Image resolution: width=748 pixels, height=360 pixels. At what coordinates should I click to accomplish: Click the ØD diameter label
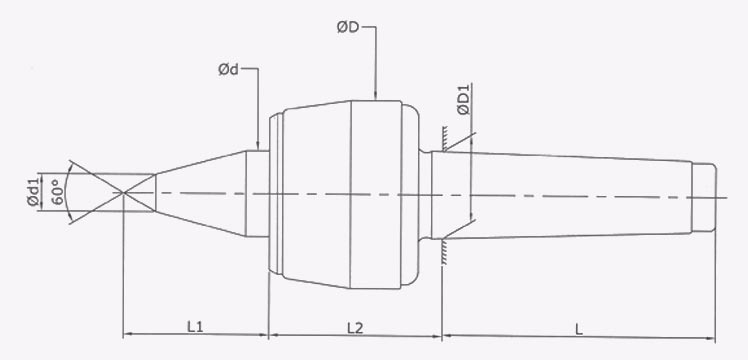pos(348,28)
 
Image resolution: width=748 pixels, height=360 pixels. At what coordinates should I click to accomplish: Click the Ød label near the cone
pos(227,70)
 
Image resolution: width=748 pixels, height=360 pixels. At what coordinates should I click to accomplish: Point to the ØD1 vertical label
pos(464,105)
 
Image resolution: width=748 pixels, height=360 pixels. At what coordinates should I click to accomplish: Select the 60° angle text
pos(57,189)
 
